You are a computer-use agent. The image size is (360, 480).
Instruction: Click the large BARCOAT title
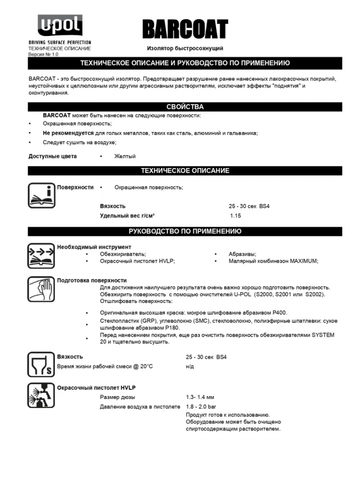point(185,30)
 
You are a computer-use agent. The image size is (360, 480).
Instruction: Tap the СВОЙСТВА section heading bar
point(185,107)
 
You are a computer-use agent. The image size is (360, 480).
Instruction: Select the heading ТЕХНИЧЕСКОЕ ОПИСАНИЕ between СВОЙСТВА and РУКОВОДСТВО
point(185,170)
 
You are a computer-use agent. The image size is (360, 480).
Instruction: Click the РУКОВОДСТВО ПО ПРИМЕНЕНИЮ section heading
point(185,231)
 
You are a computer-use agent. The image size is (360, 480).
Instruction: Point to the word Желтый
point(125,156)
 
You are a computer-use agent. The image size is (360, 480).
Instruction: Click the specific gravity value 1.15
point(235,216)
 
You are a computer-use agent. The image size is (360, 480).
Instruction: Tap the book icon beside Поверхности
point(42,195)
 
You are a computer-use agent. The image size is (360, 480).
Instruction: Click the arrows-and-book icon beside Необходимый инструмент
point(42,255)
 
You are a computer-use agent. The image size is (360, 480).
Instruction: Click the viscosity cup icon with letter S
point(42,365)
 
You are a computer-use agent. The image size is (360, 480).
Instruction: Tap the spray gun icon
point(42,396)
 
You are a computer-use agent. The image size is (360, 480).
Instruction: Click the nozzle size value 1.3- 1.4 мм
point(200,397)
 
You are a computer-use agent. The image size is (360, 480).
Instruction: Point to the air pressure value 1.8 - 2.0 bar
point(202,407)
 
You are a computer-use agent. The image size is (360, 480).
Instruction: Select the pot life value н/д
point(190,366)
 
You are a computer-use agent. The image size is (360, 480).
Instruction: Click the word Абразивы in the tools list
point(242,253)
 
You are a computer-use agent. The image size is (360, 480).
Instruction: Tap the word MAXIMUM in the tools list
point(303,261)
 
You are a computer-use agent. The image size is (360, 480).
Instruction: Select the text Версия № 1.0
point(43,54)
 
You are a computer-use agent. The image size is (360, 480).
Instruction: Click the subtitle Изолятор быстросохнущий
point(185,48)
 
